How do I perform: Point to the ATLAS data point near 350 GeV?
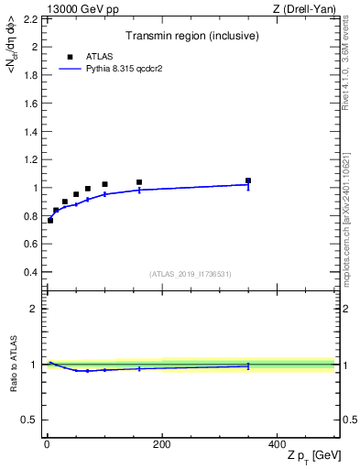coord(248,180)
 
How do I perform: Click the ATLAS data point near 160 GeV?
coord(139,182)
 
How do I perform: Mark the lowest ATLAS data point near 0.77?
coord(50,220)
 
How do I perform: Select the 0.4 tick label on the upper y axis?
coord(29,272)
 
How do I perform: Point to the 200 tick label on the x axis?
coord(162,444)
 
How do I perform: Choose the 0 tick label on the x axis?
coord(47,444)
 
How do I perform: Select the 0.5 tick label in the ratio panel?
coord(29,420)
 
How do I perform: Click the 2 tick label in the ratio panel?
coord(33,309)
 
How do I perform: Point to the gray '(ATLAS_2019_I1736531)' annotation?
coord(191,274)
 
